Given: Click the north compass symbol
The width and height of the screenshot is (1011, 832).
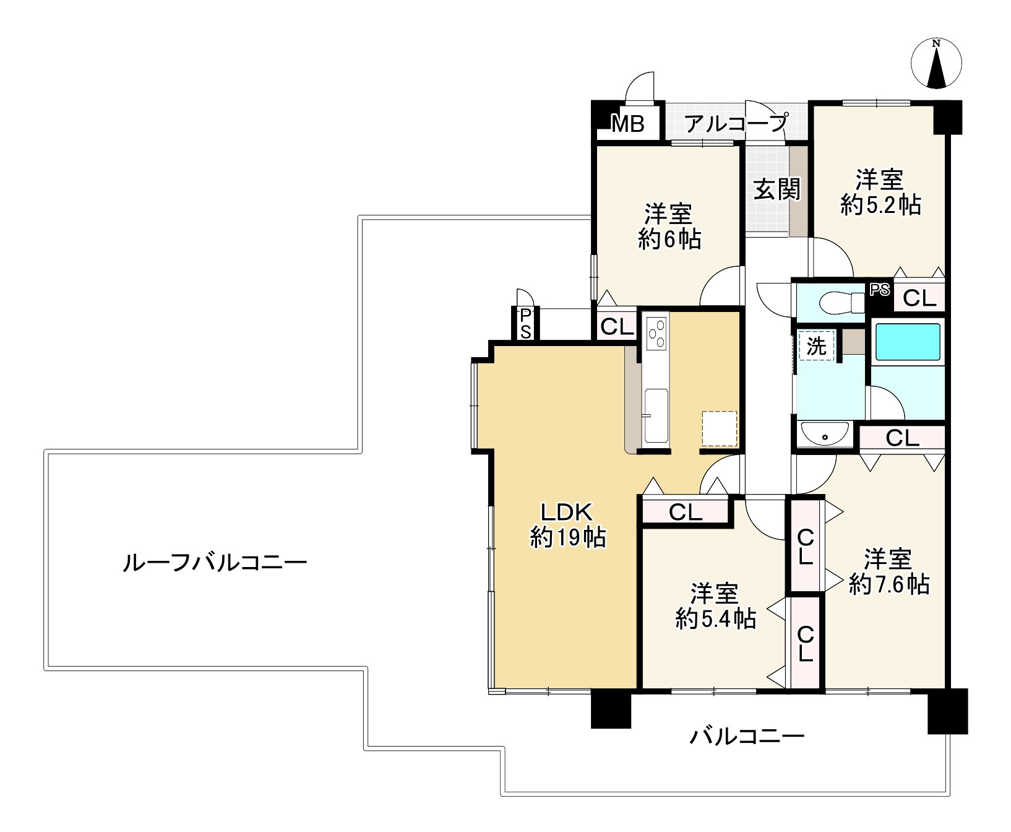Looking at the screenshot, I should pos(937,64).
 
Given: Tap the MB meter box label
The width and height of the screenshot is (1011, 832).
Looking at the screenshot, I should pos(628,124).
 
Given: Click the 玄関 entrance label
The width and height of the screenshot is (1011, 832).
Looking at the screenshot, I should pos(777,189).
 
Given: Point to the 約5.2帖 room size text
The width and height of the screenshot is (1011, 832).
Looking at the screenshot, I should pos(880,204).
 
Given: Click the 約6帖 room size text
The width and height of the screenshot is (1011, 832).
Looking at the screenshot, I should pos(669,239).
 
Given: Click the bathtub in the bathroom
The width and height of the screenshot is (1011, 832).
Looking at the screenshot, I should pos(908,342).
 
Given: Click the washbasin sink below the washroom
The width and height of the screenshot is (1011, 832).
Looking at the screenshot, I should pos(825,435).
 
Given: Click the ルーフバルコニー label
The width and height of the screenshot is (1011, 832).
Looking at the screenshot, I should pos(215,563).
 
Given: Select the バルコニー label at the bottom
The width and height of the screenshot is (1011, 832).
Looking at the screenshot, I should pos(747,737).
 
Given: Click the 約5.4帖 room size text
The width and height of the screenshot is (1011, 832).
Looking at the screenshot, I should pos(715,618).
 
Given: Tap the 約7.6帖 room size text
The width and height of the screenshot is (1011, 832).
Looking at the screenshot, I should pos(888,584).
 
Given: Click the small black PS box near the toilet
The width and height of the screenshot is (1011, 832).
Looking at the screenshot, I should pos(880,289).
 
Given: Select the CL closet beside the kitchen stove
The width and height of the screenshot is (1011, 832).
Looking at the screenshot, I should pos(617,326).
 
